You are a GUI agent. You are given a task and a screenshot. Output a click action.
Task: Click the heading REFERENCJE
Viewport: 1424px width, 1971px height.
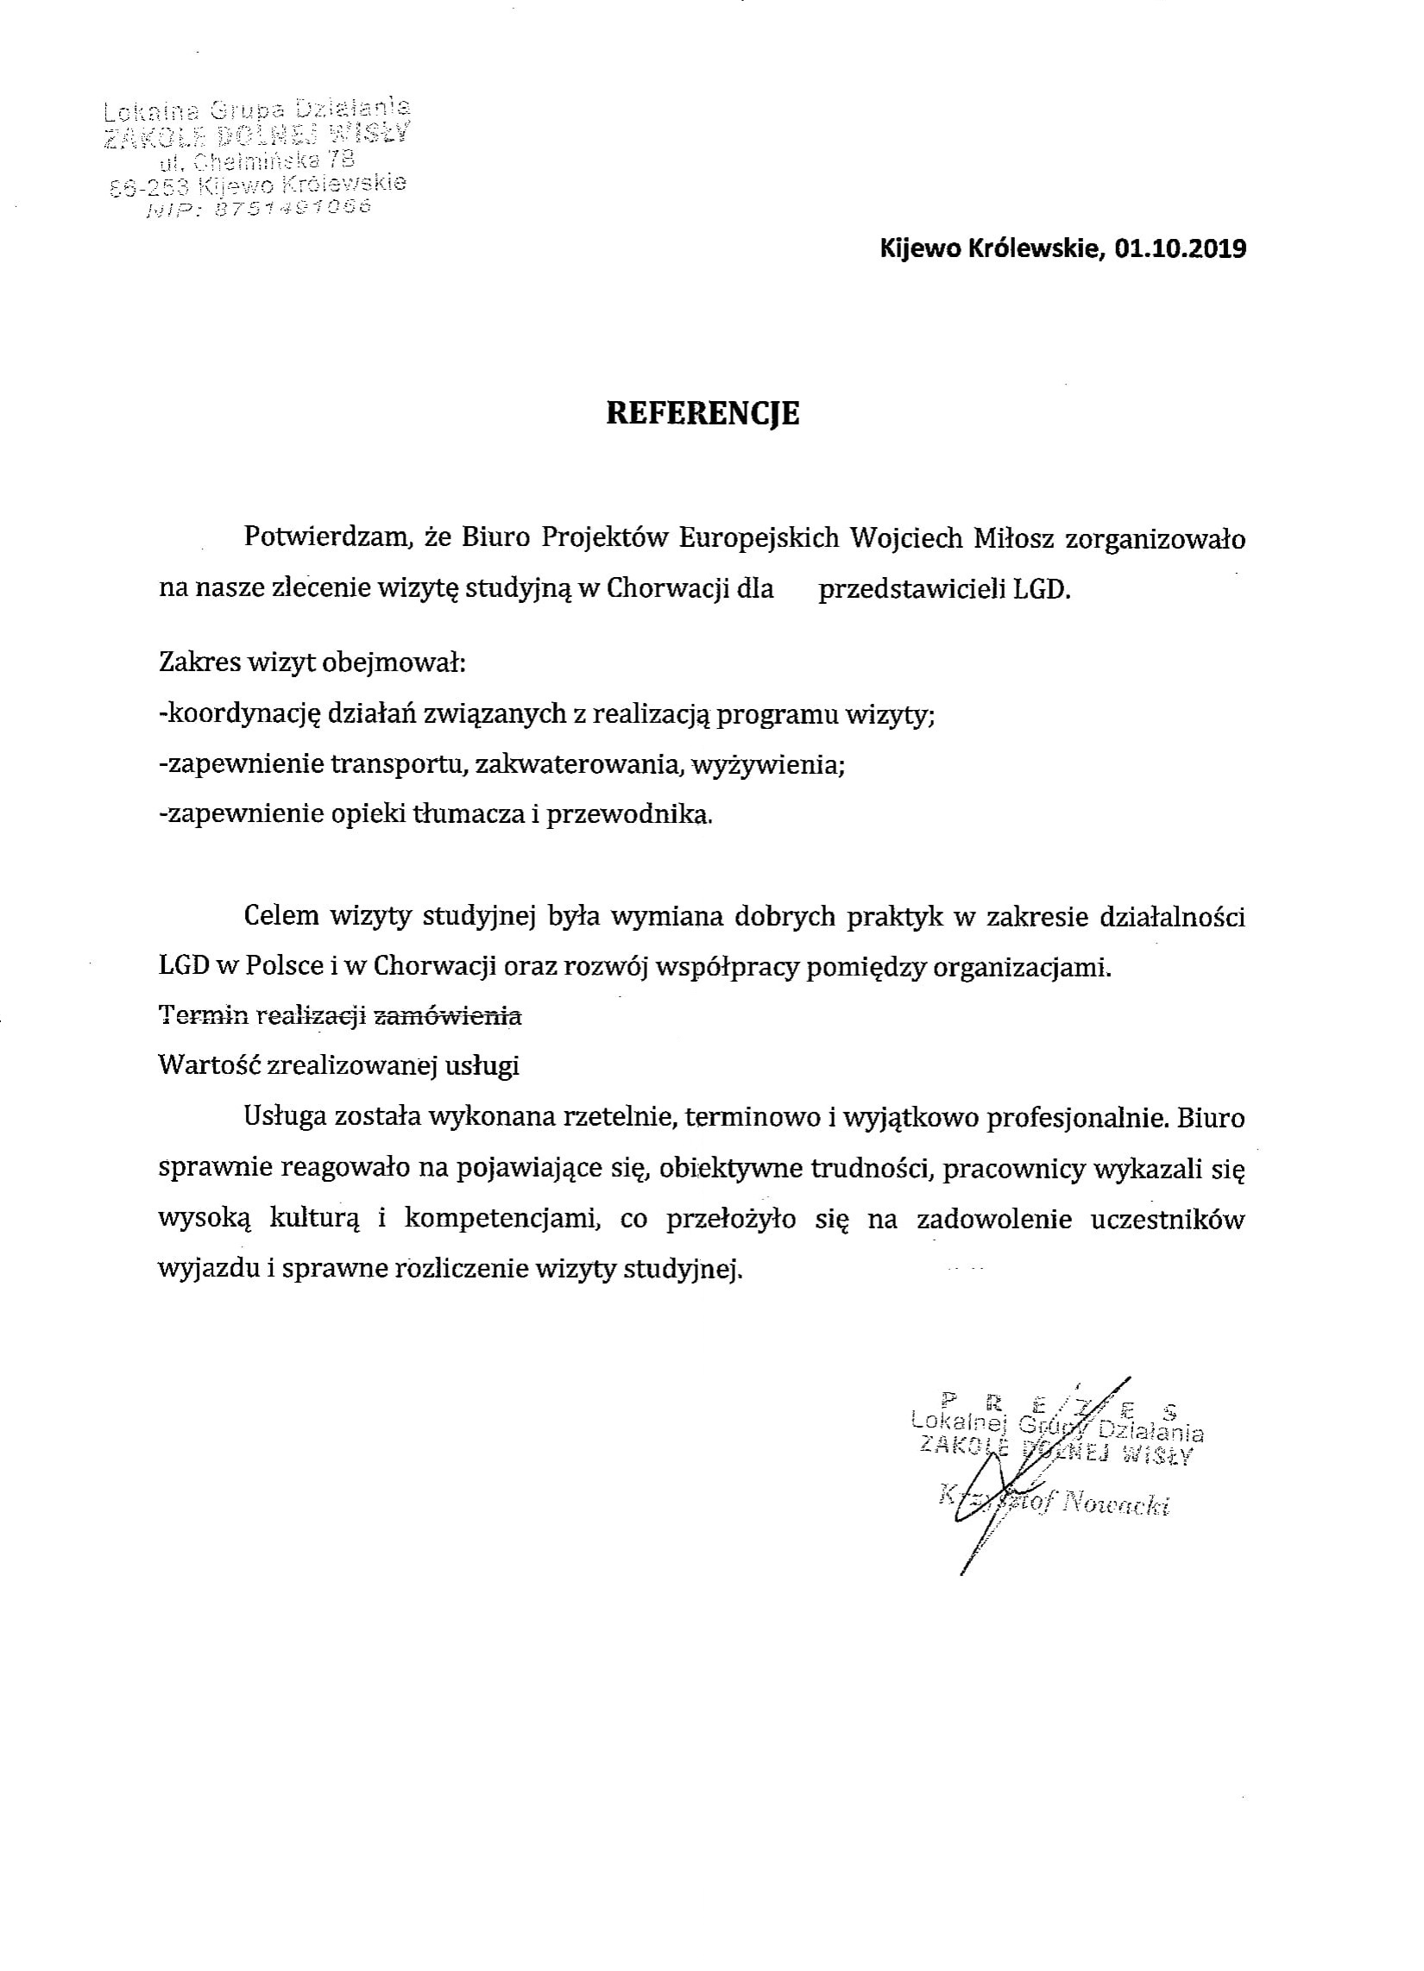702,413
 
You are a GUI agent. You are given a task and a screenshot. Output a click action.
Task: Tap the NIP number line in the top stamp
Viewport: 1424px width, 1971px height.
259,209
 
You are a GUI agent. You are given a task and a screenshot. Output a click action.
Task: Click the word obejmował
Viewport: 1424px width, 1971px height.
394,665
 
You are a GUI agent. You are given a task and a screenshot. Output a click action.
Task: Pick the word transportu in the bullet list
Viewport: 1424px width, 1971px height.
400,765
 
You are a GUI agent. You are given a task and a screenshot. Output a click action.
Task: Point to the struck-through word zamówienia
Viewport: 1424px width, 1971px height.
447,1015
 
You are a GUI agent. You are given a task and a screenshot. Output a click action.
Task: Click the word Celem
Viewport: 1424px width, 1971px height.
280,916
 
